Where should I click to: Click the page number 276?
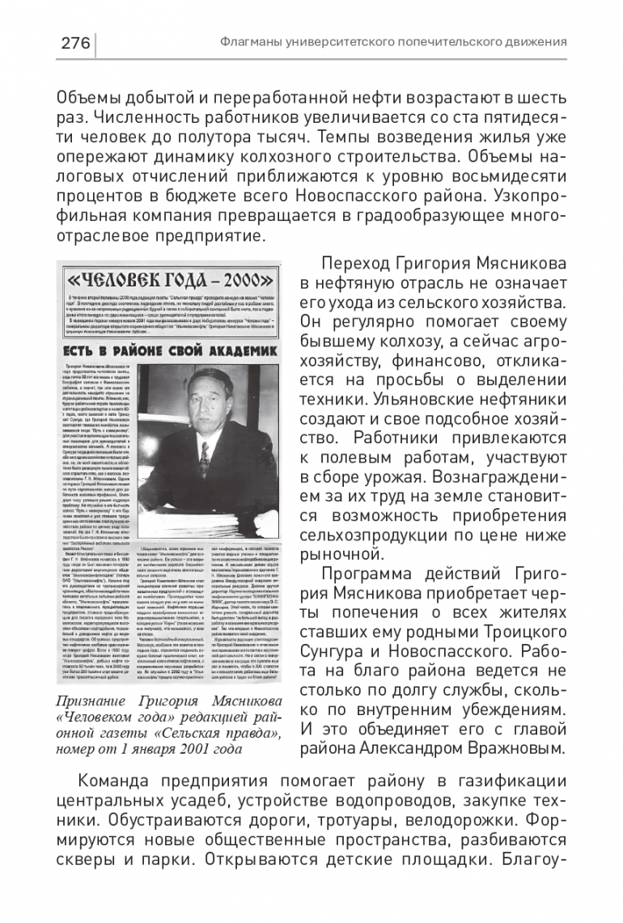pyautogui.click(x=74, y=43)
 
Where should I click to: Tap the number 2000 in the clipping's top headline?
pyautogui.click(x=243, y=284)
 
